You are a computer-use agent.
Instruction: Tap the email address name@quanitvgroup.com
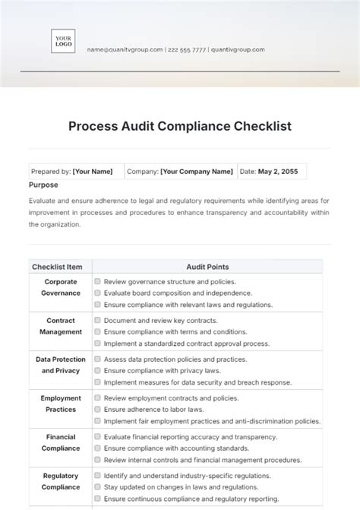pyautogui.click(x=125, y=49)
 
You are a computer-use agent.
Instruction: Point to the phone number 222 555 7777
pyautogui.click(x=187, y=49)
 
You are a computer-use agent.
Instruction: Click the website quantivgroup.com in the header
pyautogui.click(x=238, y=49)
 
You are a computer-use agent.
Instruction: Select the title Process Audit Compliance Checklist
pyautogui.click(x=180, y=126)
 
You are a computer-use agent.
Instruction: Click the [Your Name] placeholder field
pyautogui.click(x=93, y=172)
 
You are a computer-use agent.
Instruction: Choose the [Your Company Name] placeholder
pyautogui.click(x=197, y=172)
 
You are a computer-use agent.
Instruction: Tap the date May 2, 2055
pyautogui.click(x=277, y=172)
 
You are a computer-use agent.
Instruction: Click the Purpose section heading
pyautogui.click(x=43, y=185)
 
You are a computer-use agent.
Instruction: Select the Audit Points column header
pyautogui.click(x=207, y=267)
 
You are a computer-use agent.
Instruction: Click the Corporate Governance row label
pyautogui.click(x=61, y=287)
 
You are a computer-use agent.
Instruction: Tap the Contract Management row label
pyautogui.click(x=61, y=326)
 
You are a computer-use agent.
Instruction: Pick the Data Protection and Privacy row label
pyautogui.click(x=61, y=365)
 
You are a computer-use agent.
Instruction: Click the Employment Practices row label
pyautogui.click(x=61, y=404)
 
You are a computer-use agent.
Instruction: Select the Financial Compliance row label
pyautogui.click(x=61, y=442)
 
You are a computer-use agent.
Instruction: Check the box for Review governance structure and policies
pyautogui.click(x=98, y=281)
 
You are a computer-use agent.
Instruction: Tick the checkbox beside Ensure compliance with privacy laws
pyautogui.click(x=98, y=371)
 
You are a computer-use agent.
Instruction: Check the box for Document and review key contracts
pyautogui.click(x=98, y=320)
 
